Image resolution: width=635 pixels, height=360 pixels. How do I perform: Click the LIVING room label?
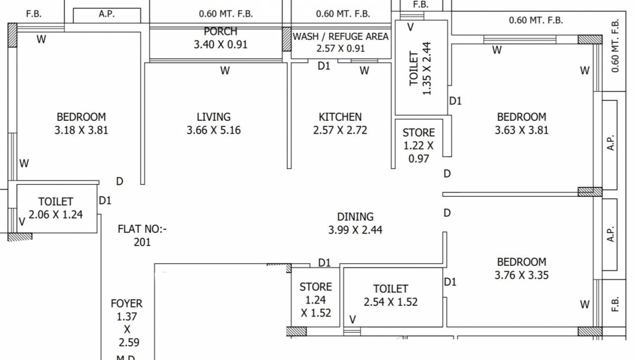pos(213,117)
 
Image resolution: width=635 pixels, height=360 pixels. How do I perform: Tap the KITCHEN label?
pos(340,117)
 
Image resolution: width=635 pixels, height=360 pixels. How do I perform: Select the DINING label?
pos(355,216)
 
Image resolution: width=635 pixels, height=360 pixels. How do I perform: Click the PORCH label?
pos(221,32)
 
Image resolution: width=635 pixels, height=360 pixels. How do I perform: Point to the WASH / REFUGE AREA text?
pos(340,37)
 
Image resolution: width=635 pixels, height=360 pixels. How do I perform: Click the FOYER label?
pos(126,303)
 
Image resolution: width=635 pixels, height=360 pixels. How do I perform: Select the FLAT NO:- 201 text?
pos(142,235)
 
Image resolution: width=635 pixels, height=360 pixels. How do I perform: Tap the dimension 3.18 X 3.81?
pos(81,130)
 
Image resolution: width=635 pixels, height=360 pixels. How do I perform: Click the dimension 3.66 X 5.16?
pos(213,130)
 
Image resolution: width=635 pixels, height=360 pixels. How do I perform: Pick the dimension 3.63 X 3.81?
pos(521,130)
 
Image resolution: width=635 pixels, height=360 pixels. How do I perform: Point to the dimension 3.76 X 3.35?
pos(521,275)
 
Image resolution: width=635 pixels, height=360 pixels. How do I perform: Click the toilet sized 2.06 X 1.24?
pos(56,208)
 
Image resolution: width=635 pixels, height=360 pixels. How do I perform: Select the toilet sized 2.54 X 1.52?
pos(391,295)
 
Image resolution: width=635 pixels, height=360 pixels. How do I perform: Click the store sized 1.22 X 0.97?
pos(418,146)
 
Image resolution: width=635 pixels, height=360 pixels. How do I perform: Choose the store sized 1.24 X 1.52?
pos(316,300)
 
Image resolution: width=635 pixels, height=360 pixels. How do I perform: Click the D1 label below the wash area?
pos(324,66)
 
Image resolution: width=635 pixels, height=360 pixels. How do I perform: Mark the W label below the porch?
pos(225,71)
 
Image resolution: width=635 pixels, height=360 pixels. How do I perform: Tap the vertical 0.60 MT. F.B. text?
pos(616,46)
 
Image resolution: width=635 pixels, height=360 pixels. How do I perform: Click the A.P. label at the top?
pos(106,14)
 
